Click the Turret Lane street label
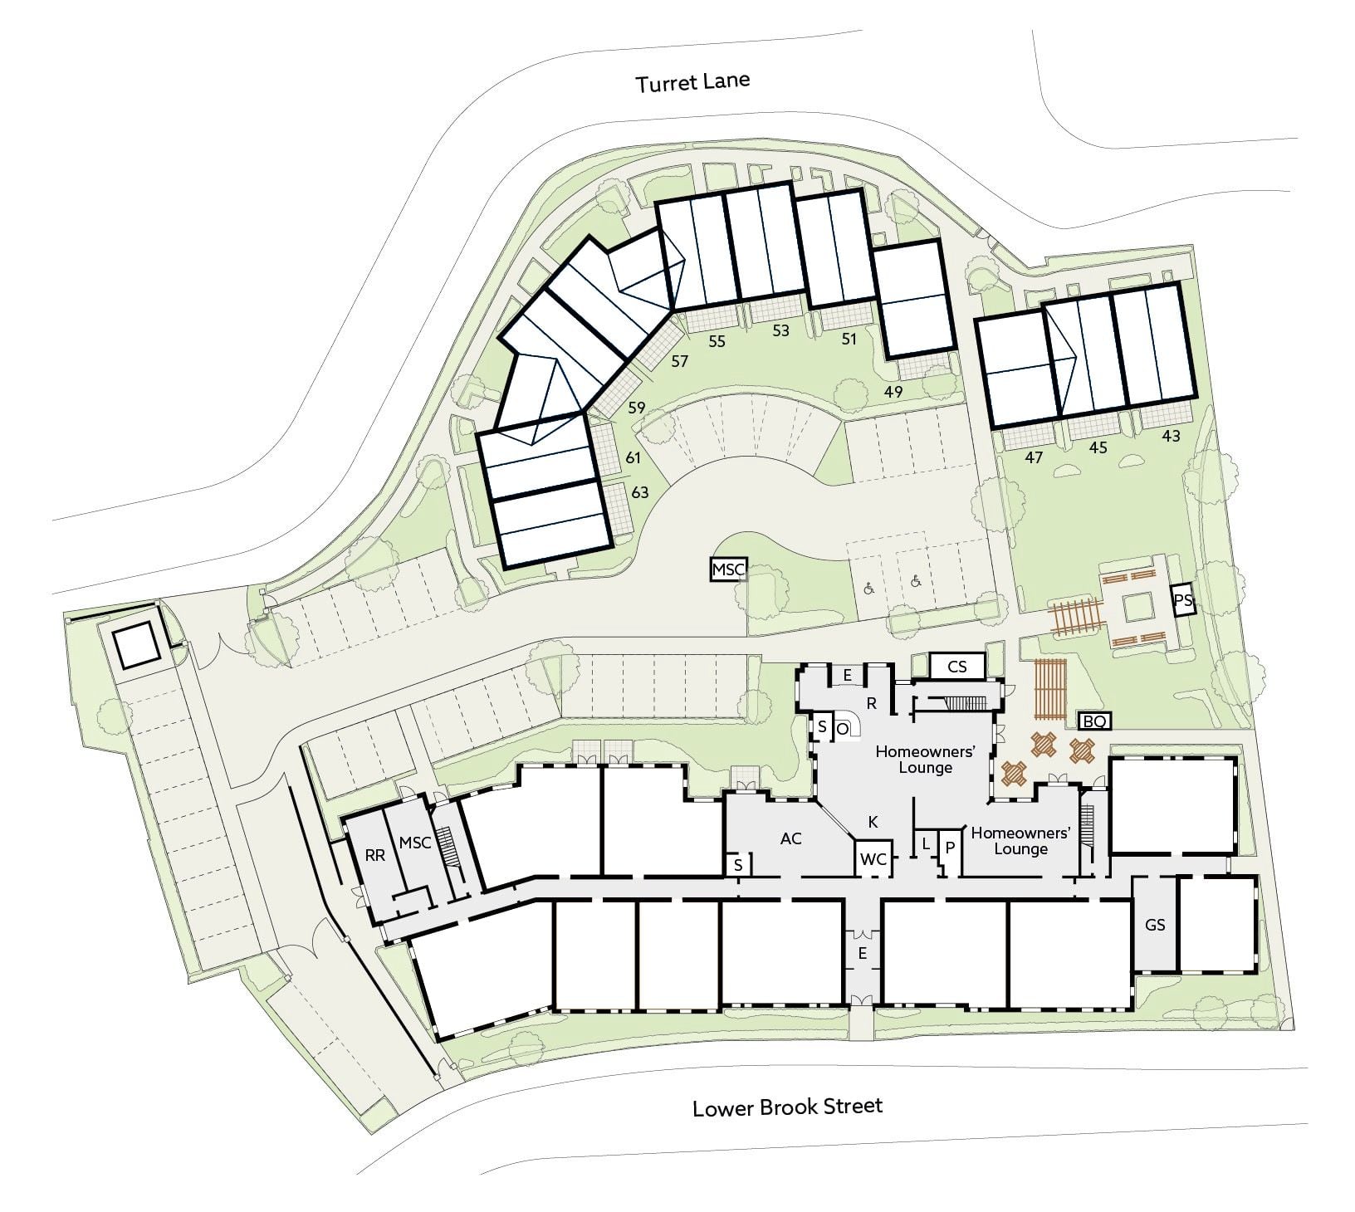[692, 82]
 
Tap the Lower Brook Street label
[788, 1107]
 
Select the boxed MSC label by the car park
[729, 569]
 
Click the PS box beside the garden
[1182, 599]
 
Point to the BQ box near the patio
[1093, 721]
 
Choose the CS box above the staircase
[956, 666]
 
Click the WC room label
[873, 859]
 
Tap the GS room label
[1155, 925]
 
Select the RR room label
[375, 855]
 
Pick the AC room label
[790, 838]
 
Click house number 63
[639, 492]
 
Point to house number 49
[893, 392]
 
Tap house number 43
[1171, 436]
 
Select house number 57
[680, 361]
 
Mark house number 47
[1034, 457]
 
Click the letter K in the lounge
[873, 822]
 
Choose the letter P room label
[951, 848]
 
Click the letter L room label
[926, 844]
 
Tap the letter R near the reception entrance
[872, 703]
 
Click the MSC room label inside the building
[415, 843]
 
